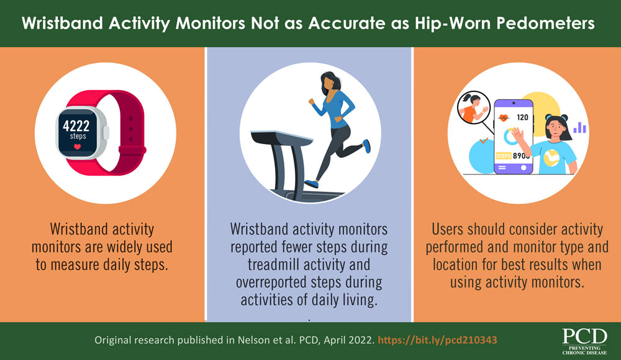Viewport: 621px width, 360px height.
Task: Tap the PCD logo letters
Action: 585,336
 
